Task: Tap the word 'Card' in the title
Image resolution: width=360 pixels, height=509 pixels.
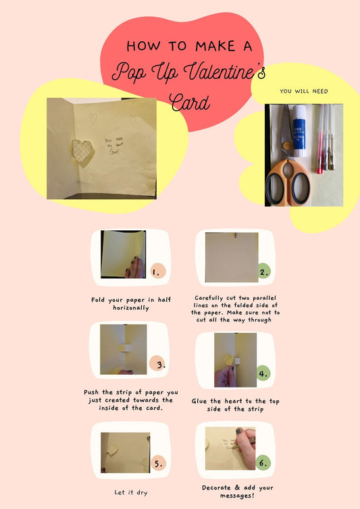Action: click(x=190, y=103)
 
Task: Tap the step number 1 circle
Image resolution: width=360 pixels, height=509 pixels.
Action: click(x=157, y=272)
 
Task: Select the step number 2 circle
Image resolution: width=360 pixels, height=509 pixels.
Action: click(x=263, y=272)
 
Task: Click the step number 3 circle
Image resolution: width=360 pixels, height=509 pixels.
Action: click(x=159, y=365)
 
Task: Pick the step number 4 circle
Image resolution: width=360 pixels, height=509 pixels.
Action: click(x=263, y=372)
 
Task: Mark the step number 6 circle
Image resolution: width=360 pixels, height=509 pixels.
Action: click(x=263, y=463)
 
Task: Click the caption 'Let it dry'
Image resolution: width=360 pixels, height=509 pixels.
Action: click(x=132, y=493)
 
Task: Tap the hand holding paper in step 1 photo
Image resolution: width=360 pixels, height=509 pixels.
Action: click(x=134, y=269)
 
